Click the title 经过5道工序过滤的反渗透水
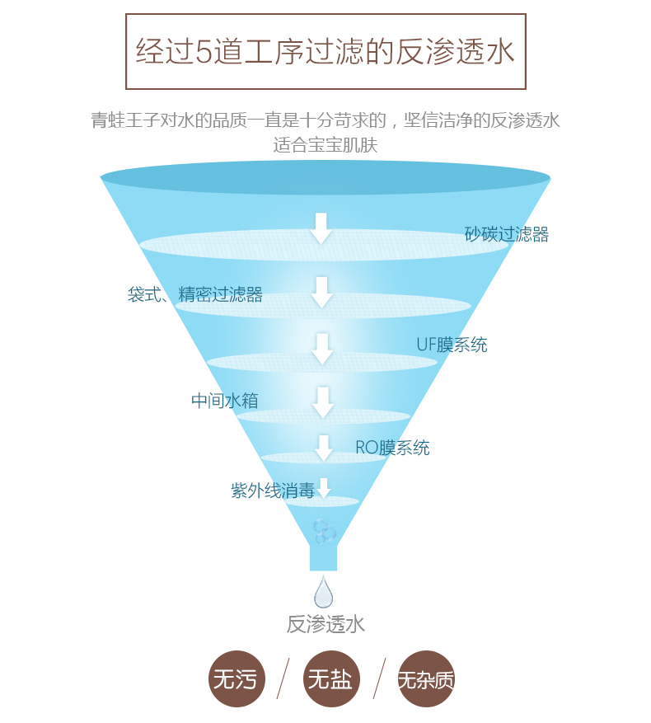325,51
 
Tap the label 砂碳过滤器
506,234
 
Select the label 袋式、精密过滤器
194,294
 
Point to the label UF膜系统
451,345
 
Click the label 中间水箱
225,401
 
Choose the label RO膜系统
392,448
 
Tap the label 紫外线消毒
272,491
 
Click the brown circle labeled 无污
236,679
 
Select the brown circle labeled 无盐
330,679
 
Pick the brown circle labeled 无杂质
425,679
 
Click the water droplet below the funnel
323,592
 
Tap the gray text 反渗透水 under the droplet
325,624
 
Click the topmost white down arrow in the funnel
321,228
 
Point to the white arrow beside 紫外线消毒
324,487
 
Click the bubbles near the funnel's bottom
324,530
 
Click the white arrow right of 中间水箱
323,401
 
